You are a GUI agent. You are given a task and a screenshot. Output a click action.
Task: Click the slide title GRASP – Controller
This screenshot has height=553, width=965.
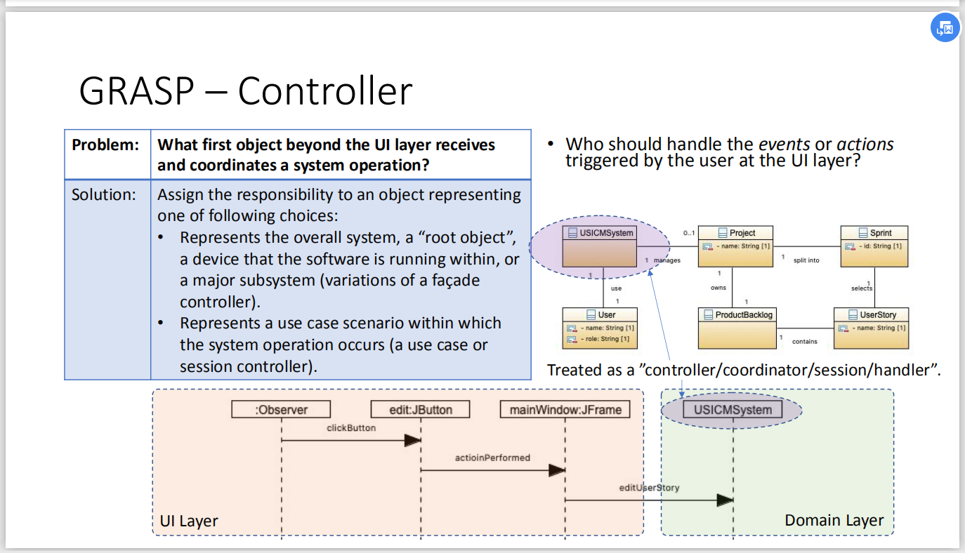[245, 91]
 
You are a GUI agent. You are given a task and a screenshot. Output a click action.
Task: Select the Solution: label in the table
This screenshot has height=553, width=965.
[104, 194]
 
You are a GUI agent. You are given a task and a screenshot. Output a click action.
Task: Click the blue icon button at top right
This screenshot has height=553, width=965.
[945, 28]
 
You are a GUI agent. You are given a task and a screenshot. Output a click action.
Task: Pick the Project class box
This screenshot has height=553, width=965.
[735, 246]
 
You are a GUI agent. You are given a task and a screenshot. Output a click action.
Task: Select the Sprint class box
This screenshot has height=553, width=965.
[874, 246]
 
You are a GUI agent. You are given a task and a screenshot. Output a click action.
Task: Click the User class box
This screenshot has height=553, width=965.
[600, 328]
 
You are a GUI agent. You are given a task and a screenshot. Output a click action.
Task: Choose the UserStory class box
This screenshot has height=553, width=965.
[872, 328]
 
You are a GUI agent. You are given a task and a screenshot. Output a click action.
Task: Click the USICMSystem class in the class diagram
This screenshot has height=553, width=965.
[600, 247]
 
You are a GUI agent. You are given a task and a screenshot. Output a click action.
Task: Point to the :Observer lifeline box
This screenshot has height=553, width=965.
[280, 409]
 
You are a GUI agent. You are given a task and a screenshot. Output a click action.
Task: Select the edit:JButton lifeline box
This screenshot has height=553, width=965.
[421, 409]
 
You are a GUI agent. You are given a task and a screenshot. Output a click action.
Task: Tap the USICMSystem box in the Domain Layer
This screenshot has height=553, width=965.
[733, 410]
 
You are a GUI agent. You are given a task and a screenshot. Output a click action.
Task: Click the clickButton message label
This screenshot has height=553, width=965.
[351, 427]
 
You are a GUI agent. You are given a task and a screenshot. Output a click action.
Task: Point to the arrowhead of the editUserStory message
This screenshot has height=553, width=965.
[725, 500]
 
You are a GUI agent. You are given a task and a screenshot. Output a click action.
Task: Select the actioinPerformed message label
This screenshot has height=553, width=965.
[492, 458]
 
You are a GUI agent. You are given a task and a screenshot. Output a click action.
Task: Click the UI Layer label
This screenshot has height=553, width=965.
[189, 521]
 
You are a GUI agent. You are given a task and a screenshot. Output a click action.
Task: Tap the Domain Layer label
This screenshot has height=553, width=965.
[834, 520]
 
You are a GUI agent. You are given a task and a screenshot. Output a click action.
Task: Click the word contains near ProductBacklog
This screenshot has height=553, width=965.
[805, 342]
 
